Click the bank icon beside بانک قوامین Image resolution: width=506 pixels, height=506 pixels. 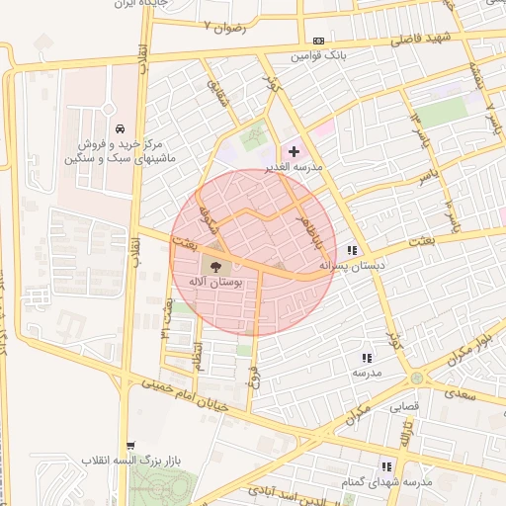pyautogui.click(x=317, y=41)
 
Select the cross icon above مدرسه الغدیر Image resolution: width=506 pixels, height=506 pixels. pyautogui.click(x=294, y=151)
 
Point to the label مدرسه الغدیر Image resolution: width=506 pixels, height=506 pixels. pyautogui.click(x=296, y=167)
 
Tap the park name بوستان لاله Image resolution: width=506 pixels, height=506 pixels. pyautogui.click(x=215, y=283)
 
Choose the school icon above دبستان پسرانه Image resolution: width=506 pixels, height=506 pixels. pyautogui.click(x=353, y=250)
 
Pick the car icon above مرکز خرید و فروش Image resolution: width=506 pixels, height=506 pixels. pyautogui.click(x=120, y=129)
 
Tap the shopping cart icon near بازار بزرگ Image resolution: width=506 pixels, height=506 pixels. pyautogui.click(x=132, y=448)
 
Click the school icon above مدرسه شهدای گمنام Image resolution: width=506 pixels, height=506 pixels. pyautogui.click(x=386, y=465)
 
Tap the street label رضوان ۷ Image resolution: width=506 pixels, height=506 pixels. pyautogui.click(x=223, y=25)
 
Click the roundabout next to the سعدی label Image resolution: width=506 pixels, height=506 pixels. pyautogui.click(x=417, y=378)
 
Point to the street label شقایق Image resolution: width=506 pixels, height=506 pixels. pyautogui.click(x=214, y=95)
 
